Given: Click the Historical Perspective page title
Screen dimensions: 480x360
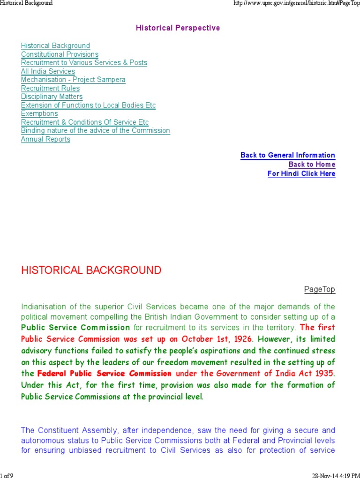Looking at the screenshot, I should pos(178,28).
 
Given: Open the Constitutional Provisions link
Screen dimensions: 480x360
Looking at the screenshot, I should pos(60,54).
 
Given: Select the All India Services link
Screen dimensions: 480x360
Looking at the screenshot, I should pos(48,71).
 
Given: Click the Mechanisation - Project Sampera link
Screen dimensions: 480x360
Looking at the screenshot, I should pos(73,80).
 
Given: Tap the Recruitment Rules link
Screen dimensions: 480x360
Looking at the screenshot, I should pos(50,88).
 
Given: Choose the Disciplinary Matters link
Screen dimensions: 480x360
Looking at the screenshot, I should pos(52,97).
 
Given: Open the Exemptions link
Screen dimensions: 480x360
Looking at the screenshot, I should pos(39,113).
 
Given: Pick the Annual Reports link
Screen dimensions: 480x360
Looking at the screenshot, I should pos(45,139).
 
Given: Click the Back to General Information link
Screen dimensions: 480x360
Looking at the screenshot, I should pos(287,155).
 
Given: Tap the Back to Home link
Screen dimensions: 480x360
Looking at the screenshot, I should pos(312,165).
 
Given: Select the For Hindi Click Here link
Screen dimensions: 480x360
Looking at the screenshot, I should pos(301,173).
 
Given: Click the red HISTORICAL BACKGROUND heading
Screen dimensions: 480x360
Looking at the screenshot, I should pos(91,270).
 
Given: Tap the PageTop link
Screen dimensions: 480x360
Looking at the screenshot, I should pos(320,289).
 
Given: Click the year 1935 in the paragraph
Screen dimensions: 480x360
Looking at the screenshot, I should pos(324,374).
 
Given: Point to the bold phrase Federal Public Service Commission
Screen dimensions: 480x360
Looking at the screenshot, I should pos(104,374).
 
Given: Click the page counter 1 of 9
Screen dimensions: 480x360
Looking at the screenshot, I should pos(7,476).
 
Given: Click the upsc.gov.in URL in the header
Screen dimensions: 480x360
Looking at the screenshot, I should pos(296,3).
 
